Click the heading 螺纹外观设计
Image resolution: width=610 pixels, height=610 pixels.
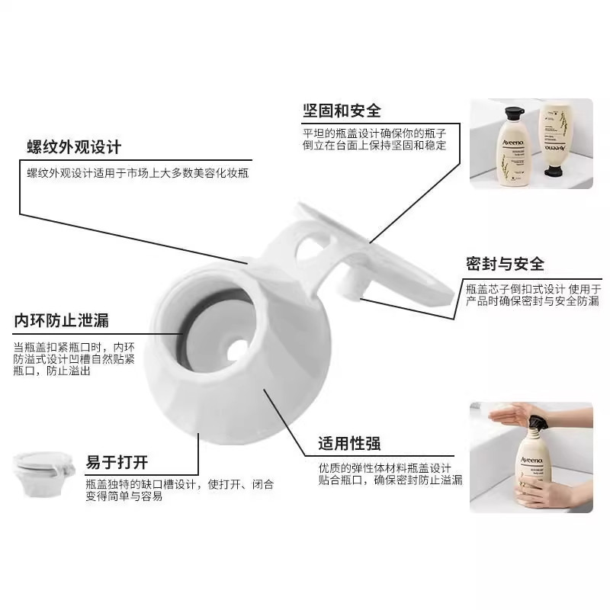74,146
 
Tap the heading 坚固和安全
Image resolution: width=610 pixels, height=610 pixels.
342,111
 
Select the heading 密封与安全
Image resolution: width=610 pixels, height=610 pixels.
506,264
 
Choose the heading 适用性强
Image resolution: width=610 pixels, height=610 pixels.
350,443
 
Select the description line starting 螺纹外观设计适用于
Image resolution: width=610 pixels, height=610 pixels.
137,173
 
